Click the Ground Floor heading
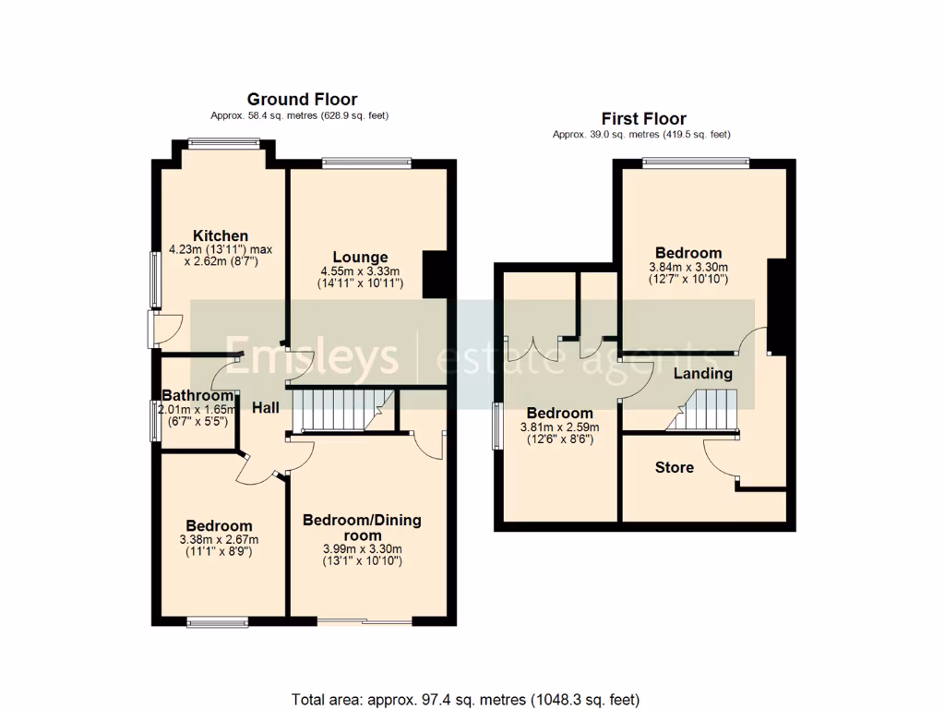[x=302, y=100]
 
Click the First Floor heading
[x=643, y=118]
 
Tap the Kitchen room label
[x=220, y=236]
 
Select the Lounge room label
[x=360, y=257]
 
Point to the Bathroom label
[x=197, y=396]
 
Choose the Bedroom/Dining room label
[x=362, y=527]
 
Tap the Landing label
[x=702, y=374]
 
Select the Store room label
[x=674, y=467]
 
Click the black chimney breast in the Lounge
[x=434, y=274]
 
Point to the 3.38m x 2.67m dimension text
[x=219, y=540]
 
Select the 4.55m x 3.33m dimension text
[x=360, y=271]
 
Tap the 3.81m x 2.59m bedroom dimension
[x=559, y=427]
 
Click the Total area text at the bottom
[x=465, y=699]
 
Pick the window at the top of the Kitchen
[x=223, y=142]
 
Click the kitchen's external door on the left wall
[x=153, y=329]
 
